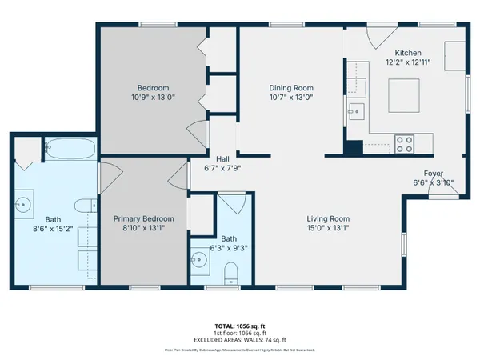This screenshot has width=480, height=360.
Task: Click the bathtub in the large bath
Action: pos(69,148)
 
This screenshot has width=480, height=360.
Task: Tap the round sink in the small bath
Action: pos(200,260)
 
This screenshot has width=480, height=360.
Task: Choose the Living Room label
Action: pos(329,218)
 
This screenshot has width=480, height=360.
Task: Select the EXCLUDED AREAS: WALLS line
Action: pos(239,341)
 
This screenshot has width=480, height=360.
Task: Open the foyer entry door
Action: pos(439,189)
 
